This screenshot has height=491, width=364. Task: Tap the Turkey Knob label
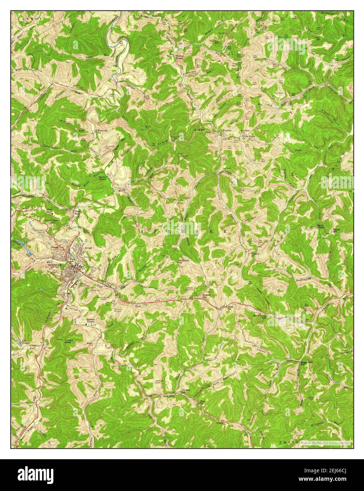(x=68, y=341)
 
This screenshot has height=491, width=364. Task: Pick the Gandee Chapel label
(x=103, y=178)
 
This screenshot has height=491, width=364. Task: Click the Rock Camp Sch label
(x=259, y=317)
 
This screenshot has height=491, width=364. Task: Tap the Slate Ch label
(x=230, y=307)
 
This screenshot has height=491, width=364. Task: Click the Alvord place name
(x=88, y=248)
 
